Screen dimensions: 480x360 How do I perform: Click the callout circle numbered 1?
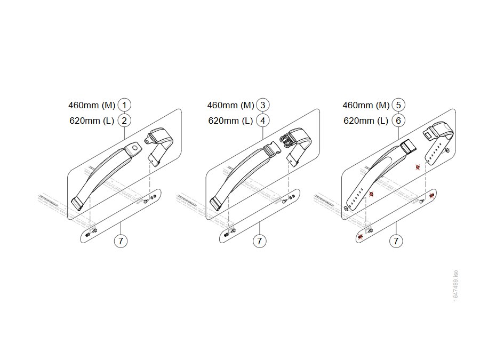click(x=124, y=105)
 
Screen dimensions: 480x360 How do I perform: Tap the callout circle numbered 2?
click(x=124, y=121)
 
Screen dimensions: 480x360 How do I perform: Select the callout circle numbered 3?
click(x=262, y=105)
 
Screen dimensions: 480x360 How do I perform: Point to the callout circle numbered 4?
click(x=262, y=121)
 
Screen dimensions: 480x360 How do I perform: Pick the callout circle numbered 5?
click(x=398, y=105)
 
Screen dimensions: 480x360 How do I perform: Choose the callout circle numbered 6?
click(x=398, y=121)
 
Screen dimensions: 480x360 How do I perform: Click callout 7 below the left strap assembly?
click(x=121, y=241)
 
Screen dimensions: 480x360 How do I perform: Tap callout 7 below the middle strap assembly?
click(x=260, y=241)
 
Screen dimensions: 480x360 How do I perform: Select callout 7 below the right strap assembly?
click(x=396, y=241)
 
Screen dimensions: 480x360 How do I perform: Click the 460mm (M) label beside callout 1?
click(x=92, y=105)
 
